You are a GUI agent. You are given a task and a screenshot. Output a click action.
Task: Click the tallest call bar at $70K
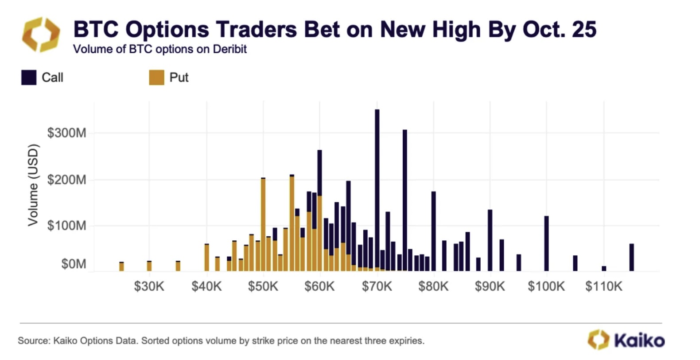[377, 186]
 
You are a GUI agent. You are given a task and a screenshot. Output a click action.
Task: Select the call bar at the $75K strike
[405, 200]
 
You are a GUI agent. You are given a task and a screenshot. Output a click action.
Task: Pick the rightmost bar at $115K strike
[631, 257]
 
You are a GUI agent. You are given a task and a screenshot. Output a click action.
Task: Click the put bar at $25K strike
[121, 266]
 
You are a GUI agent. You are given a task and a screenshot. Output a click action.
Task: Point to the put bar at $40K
[206, 258]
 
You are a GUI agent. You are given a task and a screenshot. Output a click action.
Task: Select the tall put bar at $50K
[263, 224]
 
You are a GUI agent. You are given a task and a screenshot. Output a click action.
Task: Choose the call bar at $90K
[490, 240]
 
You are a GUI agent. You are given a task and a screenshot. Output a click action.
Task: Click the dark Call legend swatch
[29, 78]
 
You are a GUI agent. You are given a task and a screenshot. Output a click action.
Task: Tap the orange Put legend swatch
[156, 78]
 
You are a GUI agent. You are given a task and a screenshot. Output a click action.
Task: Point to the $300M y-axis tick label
[66, 133]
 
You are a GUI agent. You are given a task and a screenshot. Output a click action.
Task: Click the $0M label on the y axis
[74, 264]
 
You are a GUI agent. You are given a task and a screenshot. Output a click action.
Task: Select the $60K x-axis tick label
[319, 286]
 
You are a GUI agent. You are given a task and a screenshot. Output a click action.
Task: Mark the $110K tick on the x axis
[603, 286]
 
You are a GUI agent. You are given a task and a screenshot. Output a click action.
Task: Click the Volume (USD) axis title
[33, 185]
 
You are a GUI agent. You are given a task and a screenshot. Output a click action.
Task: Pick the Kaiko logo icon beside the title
[41, 35]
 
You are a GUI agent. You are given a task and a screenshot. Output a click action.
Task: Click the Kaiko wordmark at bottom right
[639, 340]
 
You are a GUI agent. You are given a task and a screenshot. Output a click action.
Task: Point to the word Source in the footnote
[33, 341]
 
